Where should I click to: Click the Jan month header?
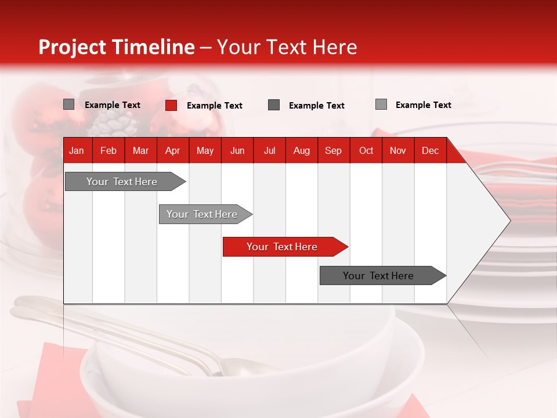[77, 150]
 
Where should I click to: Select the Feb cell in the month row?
[108, 150]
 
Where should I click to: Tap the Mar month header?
[140, 150]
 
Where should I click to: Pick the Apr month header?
[172, 150]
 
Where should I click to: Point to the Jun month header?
[237, 150]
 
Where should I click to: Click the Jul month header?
[269, 150]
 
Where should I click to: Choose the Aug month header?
[301, 150]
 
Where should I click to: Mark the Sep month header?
[333, 150]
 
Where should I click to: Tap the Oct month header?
[366, 150]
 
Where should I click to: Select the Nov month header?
[398, 150]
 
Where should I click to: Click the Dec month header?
[430, 150]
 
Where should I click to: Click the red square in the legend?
[171, 105]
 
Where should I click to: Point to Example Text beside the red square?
[214, 106]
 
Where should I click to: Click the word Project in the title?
[73, 48]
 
